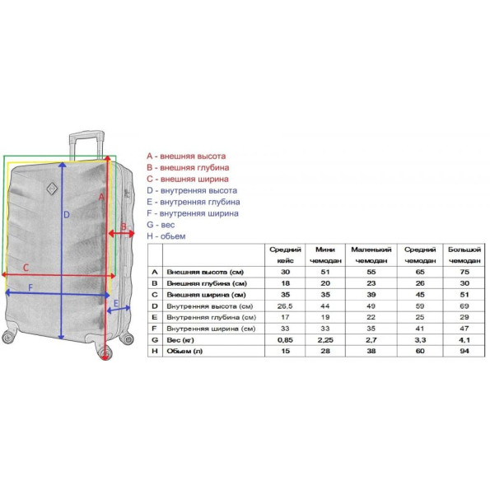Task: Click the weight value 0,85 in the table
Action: coord(285,339)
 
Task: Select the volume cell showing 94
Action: coord(464,351)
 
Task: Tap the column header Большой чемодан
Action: coord(464,255)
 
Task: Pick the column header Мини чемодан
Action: coord(325,255)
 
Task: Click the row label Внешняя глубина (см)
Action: coord(207,283)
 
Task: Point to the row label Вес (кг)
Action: coord(180,339)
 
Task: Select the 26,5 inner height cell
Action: coord(285,306)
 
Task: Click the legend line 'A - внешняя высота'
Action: coord(186,156)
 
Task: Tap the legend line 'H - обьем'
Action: coord(166,236)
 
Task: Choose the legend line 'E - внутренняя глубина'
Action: coord(194,202)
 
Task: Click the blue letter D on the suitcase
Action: coord(66,215)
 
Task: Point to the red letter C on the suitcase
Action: coord(26,268)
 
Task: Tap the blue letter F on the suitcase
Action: coord(30,287)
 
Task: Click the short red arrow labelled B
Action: coord(122,233)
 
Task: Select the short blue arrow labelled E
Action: coord(119,309)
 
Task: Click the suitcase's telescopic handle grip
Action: coord(86,135)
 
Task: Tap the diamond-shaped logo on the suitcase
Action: coord(52,189)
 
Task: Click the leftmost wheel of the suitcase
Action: coord(8,337)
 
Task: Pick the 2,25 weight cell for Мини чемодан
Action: coord(325,339)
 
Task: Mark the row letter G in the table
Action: coord(155,339)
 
